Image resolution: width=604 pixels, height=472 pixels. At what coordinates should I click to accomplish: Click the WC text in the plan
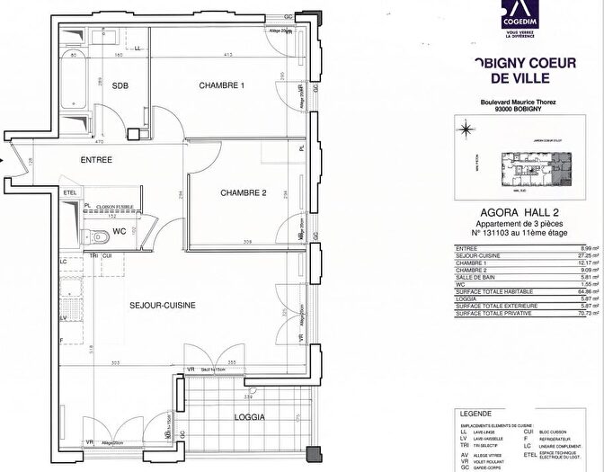point(120,232)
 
